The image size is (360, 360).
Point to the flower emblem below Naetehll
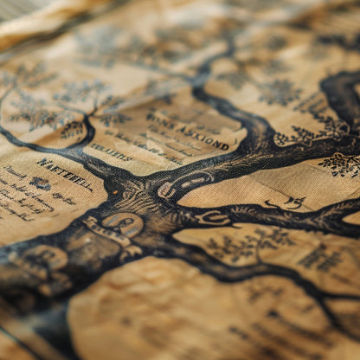click(40, 183)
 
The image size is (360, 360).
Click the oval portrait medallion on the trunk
click(124, 226)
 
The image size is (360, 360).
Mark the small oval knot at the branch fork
click(166, 190)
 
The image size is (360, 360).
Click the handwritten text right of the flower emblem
click(65, 196)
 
